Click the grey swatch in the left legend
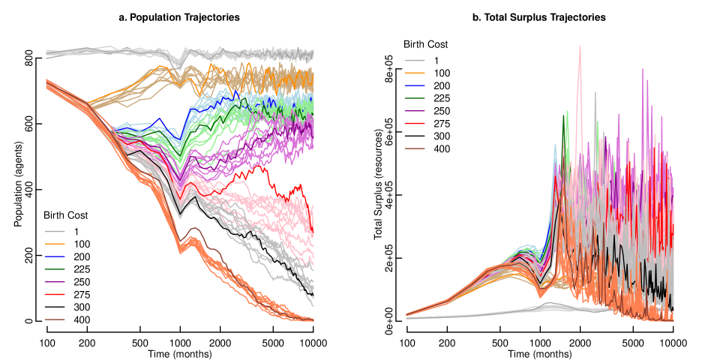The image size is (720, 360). pos(55,231)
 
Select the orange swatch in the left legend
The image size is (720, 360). pos(55,244)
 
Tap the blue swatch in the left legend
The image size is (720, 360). pos(55,256)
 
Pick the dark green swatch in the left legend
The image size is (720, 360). pos(55,269)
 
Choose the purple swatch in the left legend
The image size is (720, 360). pos(55,282)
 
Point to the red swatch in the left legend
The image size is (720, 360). pos(55,295)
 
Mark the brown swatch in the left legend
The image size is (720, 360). pos(55,320)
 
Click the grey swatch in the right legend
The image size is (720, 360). pos(415,60)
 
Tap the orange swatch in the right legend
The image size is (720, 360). pos(415,73)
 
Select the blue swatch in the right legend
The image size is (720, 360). pos(415,85)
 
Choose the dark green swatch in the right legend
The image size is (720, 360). pos(415,98)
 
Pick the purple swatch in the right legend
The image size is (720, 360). pos(415,111)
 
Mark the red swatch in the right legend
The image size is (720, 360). pos(415,124)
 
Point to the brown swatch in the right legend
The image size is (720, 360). pos(415,149)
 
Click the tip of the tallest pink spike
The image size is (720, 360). pos(580,46)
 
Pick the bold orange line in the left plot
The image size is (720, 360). pos(225,73)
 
